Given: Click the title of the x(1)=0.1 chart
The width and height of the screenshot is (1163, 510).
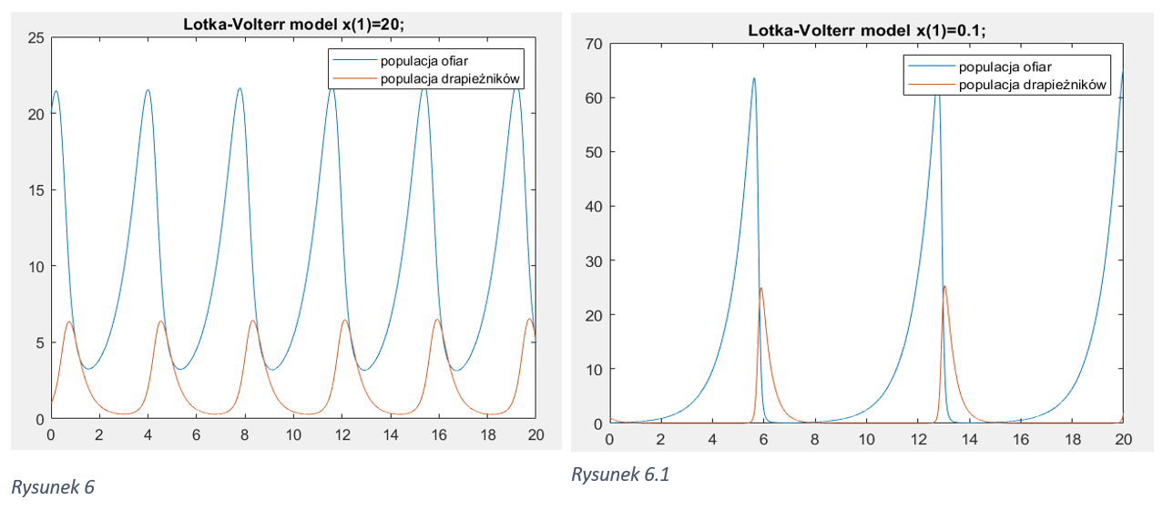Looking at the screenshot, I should (x=866, y=30).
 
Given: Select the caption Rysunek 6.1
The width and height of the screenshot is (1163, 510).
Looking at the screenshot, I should (x=620, y=474).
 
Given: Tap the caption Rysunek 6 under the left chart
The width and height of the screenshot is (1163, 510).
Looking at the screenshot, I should (x=53, y=487).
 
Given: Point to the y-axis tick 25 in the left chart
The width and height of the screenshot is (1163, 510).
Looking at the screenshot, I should (x=36, y=38).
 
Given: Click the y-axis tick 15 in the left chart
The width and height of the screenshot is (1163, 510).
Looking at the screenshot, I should (x=36, y=190).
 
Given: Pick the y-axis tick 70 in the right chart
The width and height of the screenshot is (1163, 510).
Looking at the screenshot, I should (x=594, y=44).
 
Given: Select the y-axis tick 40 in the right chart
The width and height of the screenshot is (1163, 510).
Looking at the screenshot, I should (x=594, y=206).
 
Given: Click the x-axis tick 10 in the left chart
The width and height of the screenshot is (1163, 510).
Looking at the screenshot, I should (x=293, y=435).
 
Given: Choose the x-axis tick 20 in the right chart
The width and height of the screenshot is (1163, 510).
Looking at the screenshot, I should (x=1124, y=439).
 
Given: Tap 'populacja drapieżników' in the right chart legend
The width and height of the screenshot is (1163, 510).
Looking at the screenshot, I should (x=1032, y=85).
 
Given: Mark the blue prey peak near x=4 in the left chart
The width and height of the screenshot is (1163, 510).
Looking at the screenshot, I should (x=148, y=90).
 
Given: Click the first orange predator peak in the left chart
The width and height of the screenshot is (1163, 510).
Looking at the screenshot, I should (x=68, y=322).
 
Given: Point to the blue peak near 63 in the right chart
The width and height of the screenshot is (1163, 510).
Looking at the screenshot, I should (x=754, y=78).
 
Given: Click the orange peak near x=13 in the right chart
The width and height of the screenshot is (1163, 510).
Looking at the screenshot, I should (x=944, y=287).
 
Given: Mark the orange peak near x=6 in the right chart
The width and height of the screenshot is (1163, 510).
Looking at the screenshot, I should (x=761, y=289).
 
